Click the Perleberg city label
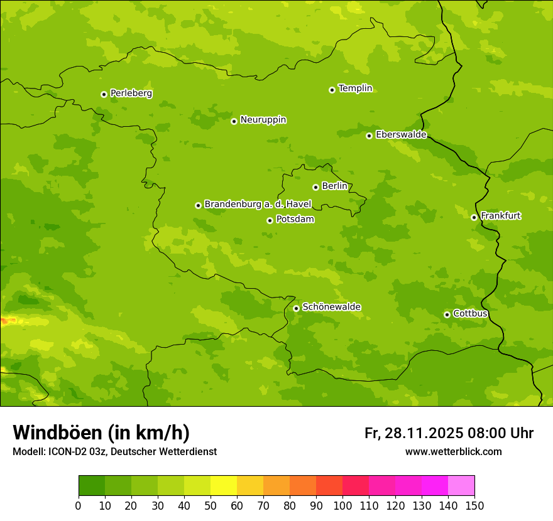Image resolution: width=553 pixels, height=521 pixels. (131, 94)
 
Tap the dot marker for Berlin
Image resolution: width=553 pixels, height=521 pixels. (315, 187)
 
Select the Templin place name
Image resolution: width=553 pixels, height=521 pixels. (355, 89)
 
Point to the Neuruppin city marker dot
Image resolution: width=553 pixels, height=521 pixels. (234, 121)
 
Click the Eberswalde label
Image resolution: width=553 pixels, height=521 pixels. (401, 135)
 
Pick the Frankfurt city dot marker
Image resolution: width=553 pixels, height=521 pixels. (474, 217)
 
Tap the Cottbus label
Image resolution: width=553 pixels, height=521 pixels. (470, 313)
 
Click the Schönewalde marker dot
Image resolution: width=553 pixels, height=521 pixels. (296, 308)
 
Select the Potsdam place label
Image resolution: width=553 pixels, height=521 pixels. (295, 219)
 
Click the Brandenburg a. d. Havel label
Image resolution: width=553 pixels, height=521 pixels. (258, 204)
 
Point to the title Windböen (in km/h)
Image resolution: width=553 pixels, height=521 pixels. (101, 432)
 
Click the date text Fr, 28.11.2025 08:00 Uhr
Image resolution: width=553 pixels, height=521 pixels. (449, 433)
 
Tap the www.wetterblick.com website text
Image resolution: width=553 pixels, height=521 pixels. (453, 452)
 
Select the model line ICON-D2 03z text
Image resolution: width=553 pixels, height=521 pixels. (114, 452)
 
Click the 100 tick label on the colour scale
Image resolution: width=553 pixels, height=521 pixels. (342, 505)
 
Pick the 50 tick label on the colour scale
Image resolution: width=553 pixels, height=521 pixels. (211, 505)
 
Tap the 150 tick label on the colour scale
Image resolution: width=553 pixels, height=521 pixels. (474, 505)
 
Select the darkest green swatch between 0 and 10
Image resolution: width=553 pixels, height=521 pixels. (92, 486)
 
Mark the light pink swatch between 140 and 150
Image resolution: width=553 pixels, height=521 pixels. (461, 486)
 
